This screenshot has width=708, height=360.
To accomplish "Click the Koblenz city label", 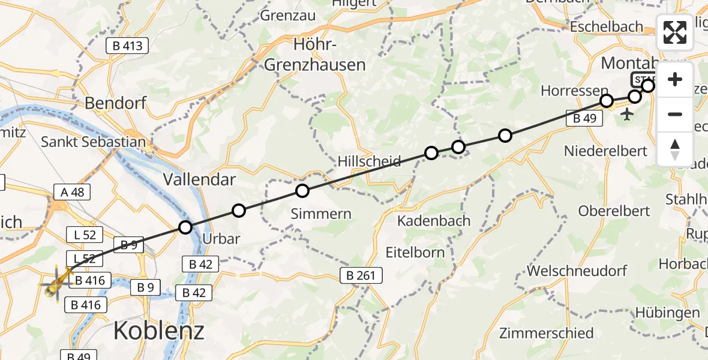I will click(x=158, y=330).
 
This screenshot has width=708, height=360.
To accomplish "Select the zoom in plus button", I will click(x=675, y=80).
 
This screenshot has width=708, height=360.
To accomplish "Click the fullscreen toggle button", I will click(x=675, y=32).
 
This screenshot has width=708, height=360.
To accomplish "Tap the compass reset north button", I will click(x=675, y=149).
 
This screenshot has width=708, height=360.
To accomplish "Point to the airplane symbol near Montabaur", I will click(x=628, y=114).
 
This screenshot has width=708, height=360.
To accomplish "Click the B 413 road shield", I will click(x=127, y=46).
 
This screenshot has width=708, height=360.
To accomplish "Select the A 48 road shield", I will click(x=72, y=192).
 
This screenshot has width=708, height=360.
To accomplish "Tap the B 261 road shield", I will click(x=362, y=275).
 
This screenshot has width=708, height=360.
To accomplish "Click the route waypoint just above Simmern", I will click(x=302, y=191).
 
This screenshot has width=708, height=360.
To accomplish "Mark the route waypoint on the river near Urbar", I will click(x=185, y=227).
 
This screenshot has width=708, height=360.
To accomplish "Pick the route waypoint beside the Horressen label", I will click(x=607, y=100).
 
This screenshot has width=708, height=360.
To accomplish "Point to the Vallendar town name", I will click(x=200, y=179).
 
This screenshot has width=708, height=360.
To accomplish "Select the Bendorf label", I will click(x=116, y=103).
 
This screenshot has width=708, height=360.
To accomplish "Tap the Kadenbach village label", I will click(x=434, y=221).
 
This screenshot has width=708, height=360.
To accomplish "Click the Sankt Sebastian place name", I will click(x=94, y=142).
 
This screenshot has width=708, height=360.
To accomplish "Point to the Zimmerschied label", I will click(x=546, y=332).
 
